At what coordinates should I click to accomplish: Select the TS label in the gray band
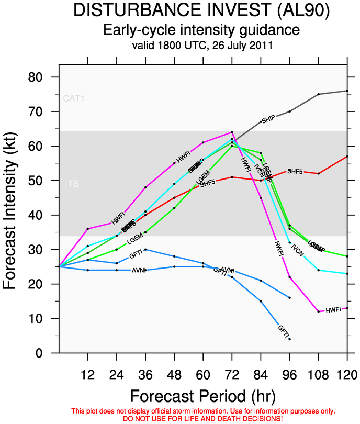pyautogui.click(x=73, y=184)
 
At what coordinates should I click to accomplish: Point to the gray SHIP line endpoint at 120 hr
pyautogui.click(x=347, y=91)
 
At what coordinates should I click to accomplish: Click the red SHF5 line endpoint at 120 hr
pyautogui.click(x=347, y=156)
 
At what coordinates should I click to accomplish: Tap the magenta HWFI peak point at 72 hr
pyautogui.click(x=232, y=132)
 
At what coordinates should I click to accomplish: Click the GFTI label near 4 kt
pyautogui.click(x=283, y=330)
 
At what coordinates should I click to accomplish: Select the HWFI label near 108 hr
pyautogui.click(x=333, y=310)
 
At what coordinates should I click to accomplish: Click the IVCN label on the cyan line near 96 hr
pyautogui.click(x=297, y=250)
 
